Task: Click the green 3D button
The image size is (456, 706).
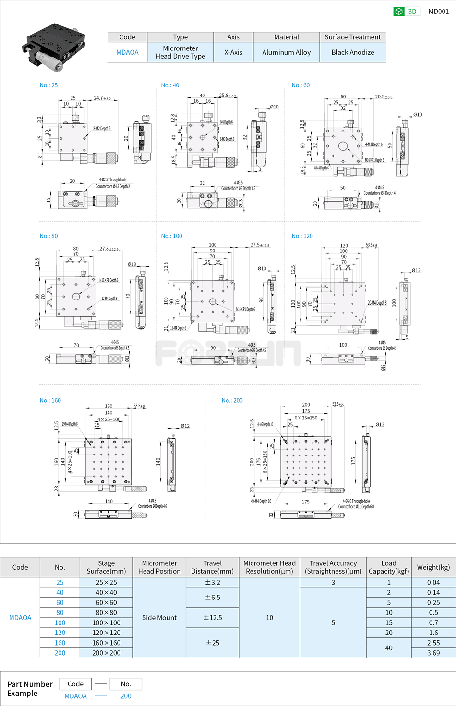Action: pyautogui.click(x=407, y=12)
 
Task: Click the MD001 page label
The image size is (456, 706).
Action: pyautogui.click(x=438, y=12)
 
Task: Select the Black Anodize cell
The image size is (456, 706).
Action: pyautogui.click(x=352, y=52)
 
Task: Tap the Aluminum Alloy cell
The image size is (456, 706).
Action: pyautogui.click(x=286, y=52)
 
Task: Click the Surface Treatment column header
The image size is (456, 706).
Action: pyautogui.click(x=352, y=37)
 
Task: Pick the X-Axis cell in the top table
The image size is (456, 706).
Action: pyautogui.click(x=233, y=52)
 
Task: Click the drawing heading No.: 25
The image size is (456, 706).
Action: pyautogui.click(x=48, y=85)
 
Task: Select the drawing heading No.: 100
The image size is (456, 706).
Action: pyautogui.click(x=171, y=236)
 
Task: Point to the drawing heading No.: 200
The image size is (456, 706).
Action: pyautogui.click(x=232, y=400)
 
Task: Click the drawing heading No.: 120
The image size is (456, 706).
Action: pyautogui.click(x=302, y=236)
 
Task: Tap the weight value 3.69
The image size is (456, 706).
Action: pyautogui.click(x=433, y=653)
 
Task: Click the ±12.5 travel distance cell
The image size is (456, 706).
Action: pyautogui.click(x=212, y=618)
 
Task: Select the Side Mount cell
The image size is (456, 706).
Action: pyautogui.click(x=159, y=618)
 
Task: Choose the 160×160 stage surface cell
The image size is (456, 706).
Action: pyautogui.click(x=106, y=643)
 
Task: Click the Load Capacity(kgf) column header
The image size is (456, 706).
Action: pyautogui.click(x=388, y=567)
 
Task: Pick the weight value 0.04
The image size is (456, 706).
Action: pyautogui.click(x=433, y=582)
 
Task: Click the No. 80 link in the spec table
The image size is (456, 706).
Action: pyautogui.click(x=60, y=612)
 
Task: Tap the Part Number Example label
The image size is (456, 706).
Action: pyautogui.click(x=30, y=689)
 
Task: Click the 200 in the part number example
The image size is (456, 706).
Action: pyautogui.click(x=126, y=696)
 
